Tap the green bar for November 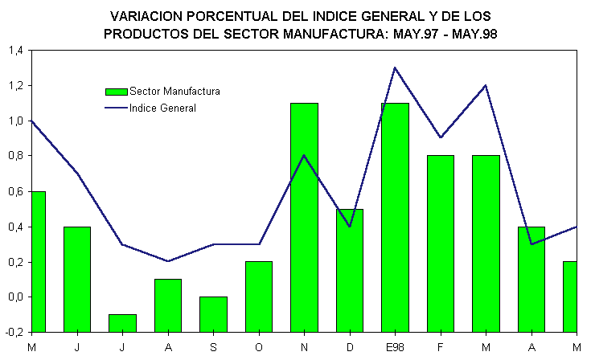(x=304, y=217)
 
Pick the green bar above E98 (x=395, y=217)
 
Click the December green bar (x=350, y=270)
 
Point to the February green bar (x=441, y=243)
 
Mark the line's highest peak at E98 (x=395, y=67)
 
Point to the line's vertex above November (x=304, y=156)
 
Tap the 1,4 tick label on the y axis (x=14, y=50)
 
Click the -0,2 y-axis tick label (x=14, y=333)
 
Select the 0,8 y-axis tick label (x=14, y=156)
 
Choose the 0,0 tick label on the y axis (x=14, y=297)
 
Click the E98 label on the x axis (x=395, y=346)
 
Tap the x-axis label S (x=213, y=346)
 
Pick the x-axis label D (x=350, y=346)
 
